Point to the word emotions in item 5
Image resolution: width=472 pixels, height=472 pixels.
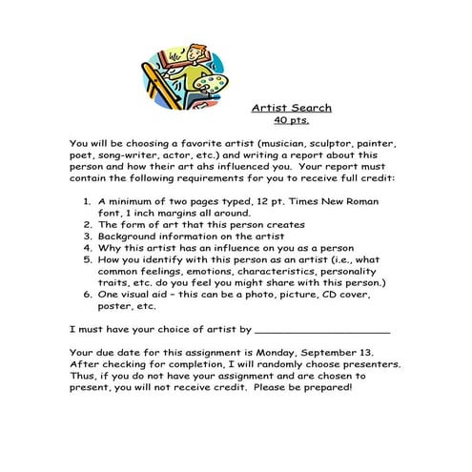click(x=190, y=271)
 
